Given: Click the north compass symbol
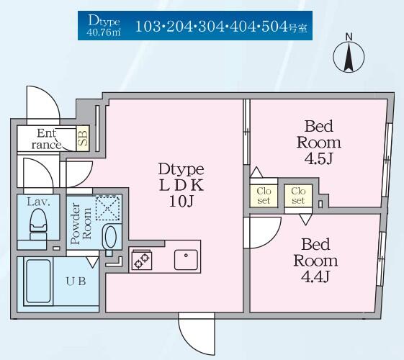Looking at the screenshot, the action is pos(349,56).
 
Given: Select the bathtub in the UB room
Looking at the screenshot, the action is pos(38,281).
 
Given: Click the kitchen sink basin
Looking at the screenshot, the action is pos(186,260).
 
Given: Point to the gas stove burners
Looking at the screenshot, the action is pos(142,261).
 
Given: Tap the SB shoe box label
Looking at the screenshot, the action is pos(83,138).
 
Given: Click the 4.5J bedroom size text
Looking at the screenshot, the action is pos(319,159).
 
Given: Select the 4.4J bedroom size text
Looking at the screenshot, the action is pos(315,276).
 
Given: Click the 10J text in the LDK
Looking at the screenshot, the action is pos(181,201).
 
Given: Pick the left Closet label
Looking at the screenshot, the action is pos(264,195).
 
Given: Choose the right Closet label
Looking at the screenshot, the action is pos(298,195).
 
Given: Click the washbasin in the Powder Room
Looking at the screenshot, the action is pos(111,237).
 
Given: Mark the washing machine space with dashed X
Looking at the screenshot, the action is pos(108,208).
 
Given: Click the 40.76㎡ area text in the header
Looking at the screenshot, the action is pos(104,32).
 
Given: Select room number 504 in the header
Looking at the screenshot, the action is pos(274,27).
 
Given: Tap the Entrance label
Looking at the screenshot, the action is pos(46,139).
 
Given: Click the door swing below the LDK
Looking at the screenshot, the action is pos(197,333).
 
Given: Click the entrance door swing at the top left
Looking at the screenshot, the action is pos(43,102).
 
